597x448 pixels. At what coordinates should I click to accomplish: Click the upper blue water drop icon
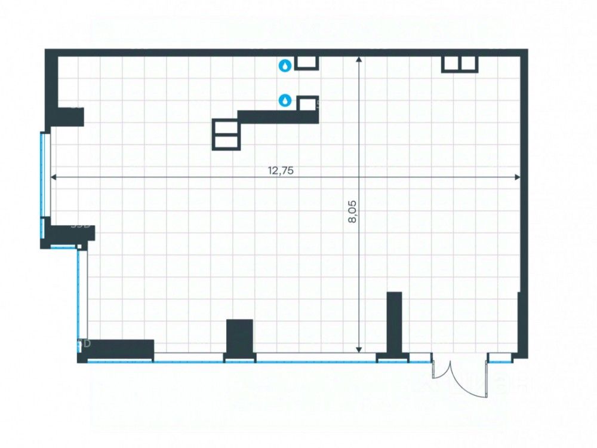coord(285,65)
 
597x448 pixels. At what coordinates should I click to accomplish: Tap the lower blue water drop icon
coord(285,101)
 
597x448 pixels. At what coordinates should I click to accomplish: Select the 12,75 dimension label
coord(281,170)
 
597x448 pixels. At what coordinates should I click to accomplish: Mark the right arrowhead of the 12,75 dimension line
coord(518,177)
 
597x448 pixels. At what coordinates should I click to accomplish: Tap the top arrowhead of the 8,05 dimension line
coord(359,60)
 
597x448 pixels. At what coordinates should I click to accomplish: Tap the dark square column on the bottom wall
coord(239,337)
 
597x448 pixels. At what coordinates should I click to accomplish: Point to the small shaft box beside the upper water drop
coord(307,63)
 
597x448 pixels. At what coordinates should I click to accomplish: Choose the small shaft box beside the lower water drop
coord(307,103)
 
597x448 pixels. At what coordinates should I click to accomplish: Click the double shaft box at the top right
coord(459,64)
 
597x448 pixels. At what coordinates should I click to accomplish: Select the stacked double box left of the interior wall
coord(226,134)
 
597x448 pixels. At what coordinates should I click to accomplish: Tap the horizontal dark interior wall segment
coord(278,116)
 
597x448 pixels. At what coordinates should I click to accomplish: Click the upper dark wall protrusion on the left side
coord(66,116)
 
